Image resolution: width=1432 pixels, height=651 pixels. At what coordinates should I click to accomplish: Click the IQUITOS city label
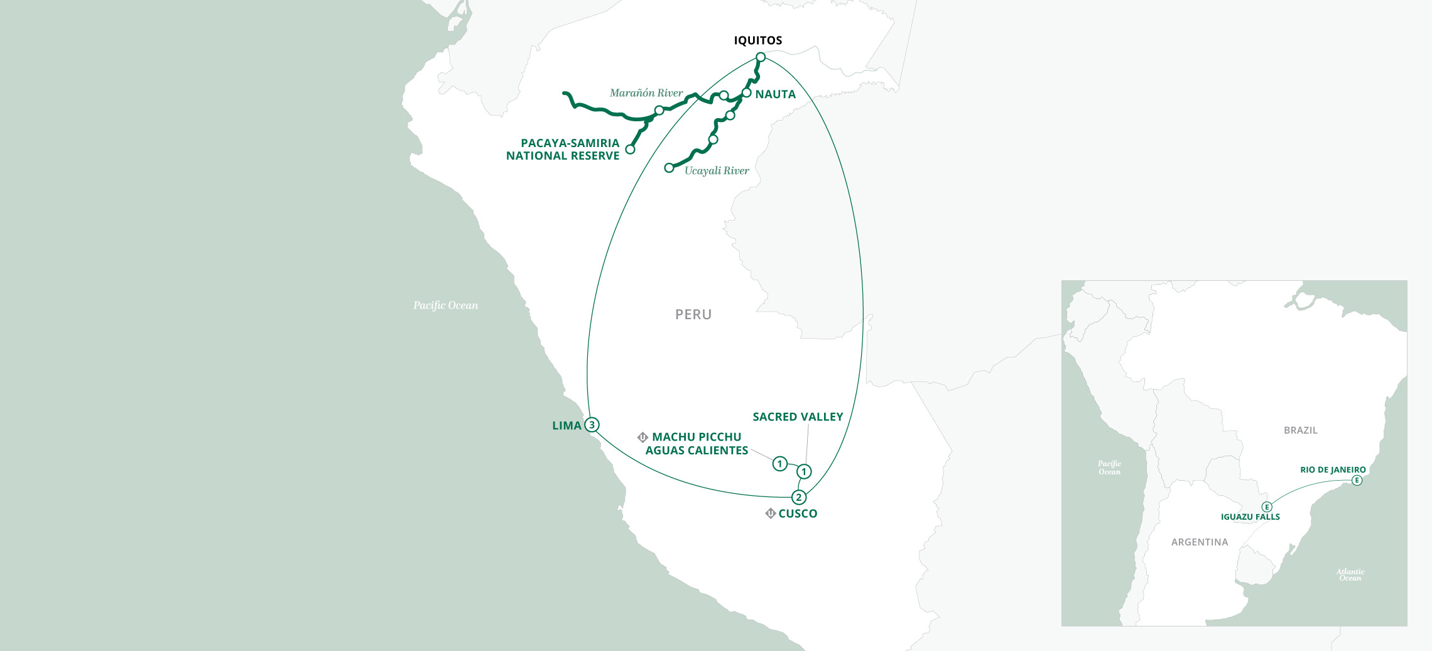click(758, 41)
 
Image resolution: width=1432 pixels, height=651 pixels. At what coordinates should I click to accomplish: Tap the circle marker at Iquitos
click(761, 58)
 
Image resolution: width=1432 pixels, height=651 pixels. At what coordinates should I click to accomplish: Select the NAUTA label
click(775, 94)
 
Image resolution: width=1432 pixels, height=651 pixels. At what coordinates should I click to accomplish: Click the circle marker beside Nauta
click(746, 93)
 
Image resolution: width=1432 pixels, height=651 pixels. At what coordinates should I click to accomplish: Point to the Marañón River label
click(646, 93)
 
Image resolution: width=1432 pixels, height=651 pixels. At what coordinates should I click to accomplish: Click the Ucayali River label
click(717, 171)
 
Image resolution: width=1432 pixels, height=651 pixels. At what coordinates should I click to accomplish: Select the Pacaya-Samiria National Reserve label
click(563, 150)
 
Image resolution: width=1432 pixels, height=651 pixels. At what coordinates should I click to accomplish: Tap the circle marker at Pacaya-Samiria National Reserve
click(630, 150)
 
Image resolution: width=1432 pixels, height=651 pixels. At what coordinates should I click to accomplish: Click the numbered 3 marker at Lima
click(592, 425)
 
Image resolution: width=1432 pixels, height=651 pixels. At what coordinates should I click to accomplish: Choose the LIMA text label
click(567, 426)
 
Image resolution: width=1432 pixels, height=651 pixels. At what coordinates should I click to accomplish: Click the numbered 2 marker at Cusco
click(799, 498)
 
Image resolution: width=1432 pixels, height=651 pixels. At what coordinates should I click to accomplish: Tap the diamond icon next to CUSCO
click(771, 513)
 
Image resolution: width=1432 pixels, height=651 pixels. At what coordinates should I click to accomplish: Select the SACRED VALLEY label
click(798, 417)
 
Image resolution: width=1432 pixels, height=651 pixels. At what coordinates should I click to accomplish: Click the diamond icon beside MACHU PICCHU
click(643, 437)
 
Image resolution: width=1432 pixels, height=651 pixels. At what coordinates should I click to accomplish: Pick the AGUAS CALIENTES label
click(697, 451)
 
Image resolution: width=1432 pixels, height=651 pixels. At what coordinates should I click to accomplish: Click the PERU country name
click(693, 315)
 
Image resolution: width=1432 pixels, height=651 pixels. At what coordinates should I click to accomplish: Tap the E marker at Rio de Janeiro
click(1357, 481)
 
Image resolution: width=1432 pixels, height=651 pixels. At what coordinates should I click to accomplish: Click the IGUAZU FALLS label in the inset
click(1250, 517)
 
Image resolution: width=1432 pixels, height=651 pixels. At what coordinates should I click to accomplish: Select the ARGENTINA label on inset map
click(1200, 542)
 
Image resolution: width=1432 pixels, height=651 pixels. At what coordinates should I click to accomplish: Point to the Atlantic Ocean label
click(1350, 575)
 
